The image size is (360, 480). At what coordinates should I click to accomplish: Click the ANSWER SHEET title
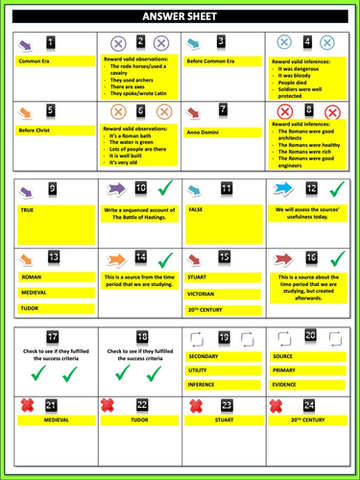click(x=180, y=16)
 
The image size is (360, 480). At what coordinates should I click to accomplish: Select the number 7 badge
click(x=224, y=111)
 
